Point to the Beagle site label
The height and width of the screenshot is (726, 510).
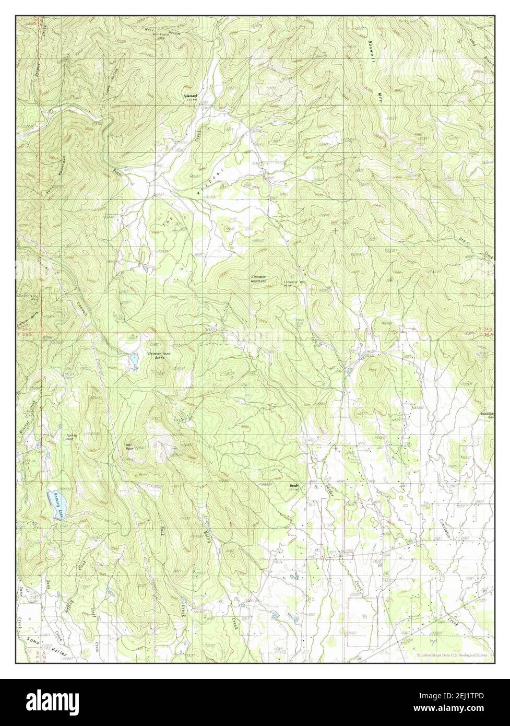[294, 487]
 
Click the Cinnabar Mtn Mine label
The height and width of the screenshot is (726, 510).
[295, 285]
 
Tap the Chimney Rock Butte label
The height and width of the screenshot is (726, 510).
[160, 355]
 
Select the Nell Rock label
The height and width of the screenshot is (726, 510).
[129, 447]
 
